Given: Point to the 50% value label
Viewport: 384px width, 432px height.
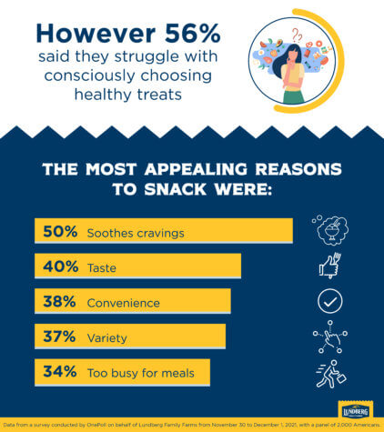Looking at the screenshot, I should (x=59, y=232).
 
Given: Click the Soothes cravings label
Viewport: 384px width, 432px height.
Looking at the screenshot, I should (x=136, y=233).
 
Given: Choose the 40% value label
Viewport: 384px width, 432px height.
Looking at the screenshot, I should (x=59, y=267).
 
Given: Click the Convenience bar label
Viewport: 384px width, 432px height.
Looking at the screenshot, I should (x=123, y=303).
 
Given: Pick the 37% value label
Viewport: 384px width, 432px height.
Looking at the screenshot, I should (x=59, y=337).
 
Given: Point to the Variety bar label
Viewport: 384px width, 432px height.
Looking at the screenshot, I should (x=106, y=337).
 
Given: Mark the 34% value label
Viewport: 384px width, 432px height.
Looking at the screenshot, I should (x=59, y=372).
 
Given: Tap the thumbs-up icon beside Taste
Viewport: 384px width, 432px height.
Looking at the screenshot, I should (x=329, y=266).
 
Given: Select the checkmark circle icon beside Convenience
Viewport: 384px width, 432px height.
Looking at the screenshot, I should (x=329, y=302).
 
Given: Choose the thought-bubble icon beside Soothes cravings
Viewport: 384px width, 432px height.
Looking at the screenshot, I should (x=329, y=231).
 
